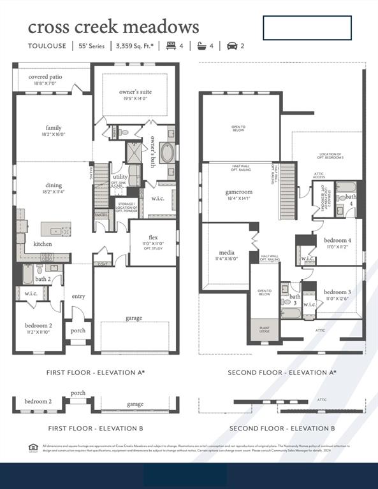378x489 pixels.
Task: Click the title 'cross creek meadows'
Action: tap(113, 27)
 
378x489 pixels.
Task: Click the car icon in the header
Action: tap(231, 46)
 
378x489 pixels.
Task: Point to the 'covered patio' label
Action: tap(45, 77)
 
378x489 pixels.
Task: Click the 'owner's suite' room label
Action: tap(135, 92)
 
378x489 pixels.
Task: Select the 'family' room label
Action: tap(54, 127)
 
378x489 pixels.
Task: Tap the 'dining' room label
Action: tap(54, 185)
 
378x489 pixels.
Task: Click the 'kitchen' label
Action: tap(43, 244)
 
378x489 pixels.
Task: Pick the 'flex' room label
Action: tap(153, 237)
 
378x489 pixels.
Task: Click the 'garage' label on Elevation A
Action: tap(134, 318)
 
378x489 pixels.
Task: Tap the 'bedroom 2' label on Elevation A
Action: tap(38, 325)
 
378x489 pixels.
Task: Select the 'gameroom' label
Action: tap(239, 192)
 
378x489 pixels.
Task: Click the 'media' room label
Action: tap(226, 253)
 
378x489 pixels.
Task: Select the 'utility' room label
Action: tap(120, 176)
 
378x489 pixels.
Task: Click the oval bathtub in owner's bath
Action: tap(166, 153)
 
